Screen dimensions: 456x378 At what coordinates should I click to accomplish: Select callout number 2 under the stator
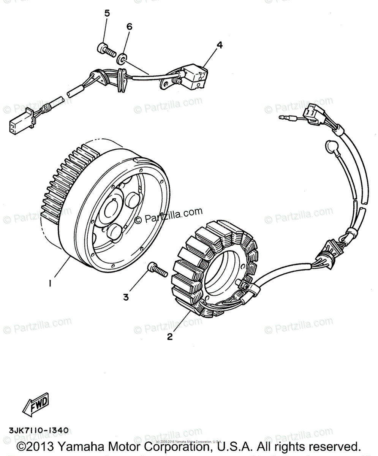[x=170, y=337]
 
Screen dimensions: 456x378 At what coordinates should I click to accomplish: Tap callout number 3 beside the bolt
[x=126, y=297]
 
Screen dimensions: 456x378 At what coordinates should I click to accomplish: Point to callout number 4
[x=219, y=45]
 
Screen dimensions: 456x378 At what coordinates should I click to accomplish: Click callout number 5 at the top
[x=107, y=14]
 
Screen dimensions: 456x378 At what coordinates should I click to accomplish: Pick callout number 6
[x=129, y=27]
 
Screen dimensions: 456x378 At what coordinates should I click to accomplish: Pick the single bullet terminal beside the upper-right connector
[x=287, y=118]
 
